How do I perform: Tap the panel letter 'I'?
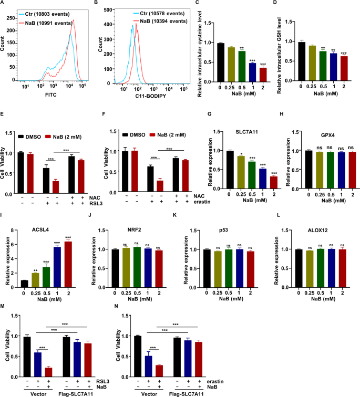click(x=4, y=217)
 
